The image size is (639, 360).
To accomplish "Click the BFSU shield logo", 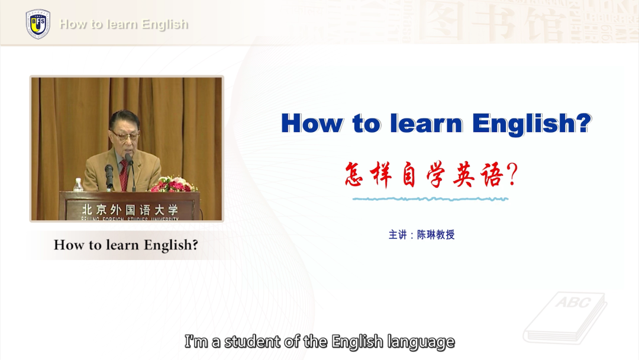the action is click(38, 24).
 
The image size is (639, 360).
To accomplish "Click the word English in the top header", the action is click(165, 24).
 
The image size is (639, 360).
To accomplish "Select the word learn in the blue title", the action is click(426, 123).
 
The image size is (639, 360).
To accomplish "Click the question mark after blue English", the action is click(584, 123).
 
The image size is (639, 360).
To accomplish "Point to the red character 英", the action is click(464, 175).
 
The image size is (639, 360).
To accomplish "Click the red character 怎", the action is click(354, 175).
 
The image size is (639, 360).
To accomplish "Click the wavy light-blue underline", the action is click(430, 199).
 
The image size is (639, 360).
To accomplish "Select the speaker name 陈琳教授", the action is click(435, 235).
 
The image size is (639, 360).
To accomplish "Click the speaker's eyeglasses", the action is click(124, 136).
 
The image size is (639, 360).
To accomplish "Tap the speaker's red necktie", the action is click(124, 175).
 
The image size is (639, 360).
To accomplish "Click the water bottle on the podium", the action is click(78, 185).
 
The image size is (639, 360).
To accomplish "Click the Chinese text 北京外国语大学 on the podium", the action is click(130, 210).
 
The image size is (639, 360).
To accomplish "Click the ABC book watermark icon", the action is click(565, 317).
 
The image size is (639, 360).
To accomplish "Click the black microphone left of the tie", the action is click(109, 176).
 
